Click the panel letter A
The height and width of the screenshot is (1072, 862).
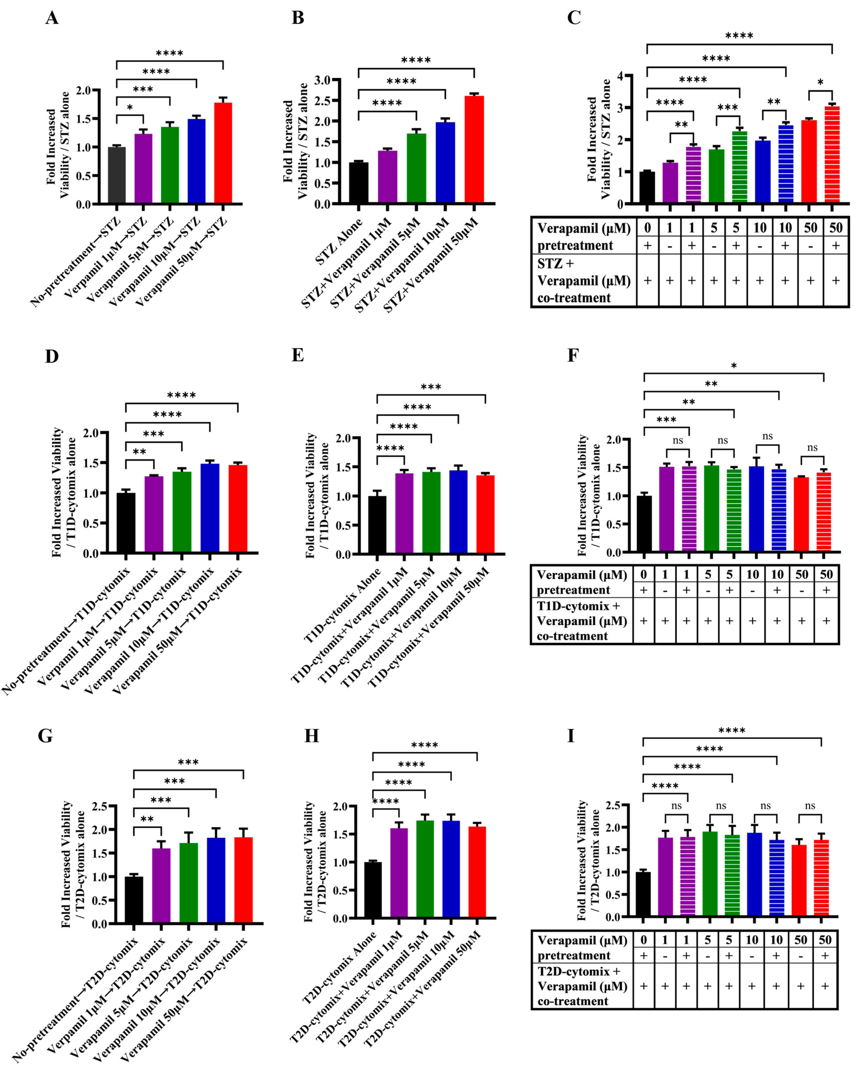pyautogui.click(x=52, y=18)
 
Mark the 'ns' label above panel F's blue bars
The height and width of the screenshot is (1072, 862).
pyautogui.click(x=768, y=436)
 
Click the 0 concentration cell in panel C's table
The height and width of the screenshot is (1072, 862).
pyautogui.click(x=648, y=228)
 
